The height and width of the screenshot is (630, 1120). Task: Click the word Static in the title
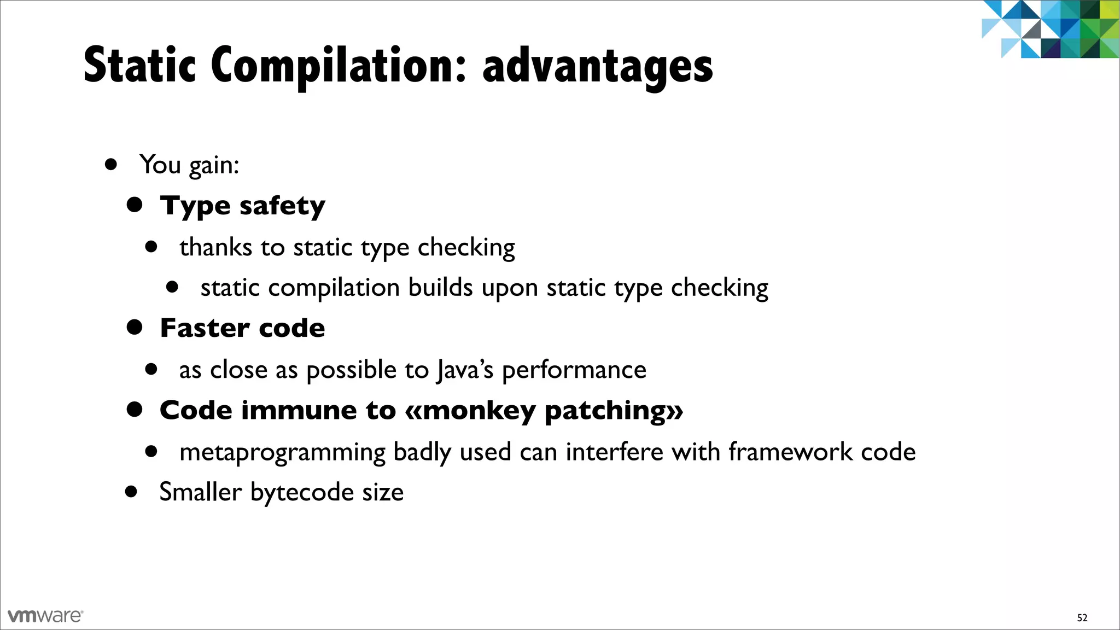[139, 66]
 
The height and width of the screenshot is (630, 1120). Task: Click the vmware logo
[45, 616]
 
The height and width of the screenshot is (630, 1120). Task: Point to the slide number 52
[1082, 618]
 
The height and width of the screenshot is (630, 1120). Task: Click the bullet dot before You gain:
[112, 164]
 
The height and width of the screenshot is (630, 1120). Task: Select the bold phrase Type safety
[242, 206]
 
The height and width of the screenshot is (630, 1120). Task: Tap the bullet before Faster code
[135, 328]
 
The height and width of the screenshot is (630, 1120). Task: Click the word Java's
[465, 370]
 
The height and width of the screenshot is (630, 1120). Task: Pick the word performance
[574, 370]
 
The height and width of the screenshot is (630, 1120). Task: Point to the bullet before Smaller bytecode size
[131, 492]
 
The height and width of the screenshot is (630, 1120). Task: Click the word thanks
[216, 247]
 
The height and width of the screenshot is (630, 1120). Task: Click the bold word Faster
[205, 328]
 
